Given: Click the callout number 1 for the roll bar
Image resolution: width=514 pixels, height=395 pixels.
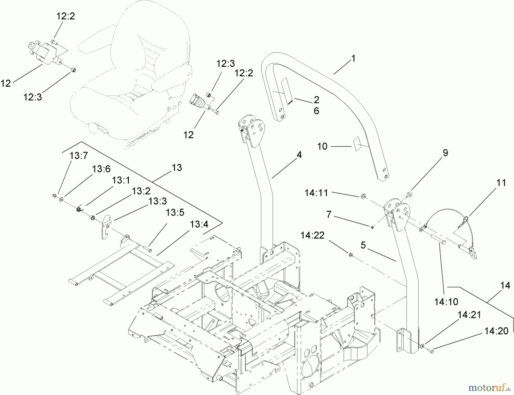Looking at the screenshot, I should [354, 59].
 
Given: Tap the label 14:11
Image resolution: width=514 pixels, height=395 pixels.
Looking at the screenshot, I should [316, 193].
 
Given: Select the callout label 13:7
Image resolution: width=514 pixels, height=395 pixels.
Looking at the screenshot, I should [79, 156].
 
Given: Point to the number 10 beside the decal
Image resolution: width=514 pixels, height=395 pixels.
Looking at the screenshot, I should [322, 146].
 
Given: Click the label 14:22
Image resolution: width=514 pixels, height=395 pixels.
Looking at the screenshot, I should [312, 235].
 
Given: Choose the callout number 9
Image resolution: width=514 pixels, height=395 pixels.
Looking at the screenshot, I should [445, 153].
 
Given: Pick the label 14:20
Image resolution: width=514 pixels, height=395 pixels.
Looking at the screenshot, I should [496, 331].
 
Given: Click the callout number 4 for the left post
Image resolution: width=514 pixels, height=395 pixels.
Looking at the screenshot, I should [299, 155].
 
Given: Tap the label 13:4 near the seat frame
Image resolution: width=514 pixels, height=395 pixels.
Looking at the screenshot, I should [199, 224].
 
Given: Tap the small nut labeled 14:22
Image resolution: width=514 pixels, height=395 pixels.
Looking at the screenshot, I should [350, 254].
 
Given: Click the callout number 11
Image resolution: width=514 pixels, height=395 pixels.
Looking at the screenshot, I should [501, 183].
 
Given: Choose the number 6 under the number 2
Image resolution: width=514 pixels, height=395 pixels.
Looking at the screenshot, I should [316, 111].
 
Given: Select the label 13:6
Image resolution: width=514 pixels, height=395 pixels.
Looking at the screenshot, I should [101, 169].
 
